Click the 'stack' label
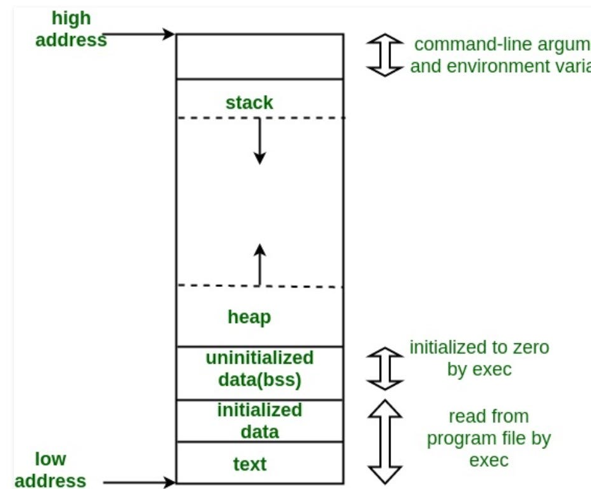pyautogui.click(x=249, y=103)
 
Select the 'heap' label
pyautogui.click(x=249, y=317)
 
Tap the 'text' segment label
pyautogui.click(x=250, y=464)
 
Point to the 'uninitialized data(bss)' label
pyautogui.click(x=259, y=369)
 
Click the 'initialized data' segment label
pyautogui.click(x=259, y=421)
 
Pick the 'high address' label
pyautogui.click(x=71, y=29)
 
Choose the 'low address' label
pyautogui.click(x=51, y=469)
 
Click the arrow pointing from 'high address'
pyautogui.click(x=139, y=34)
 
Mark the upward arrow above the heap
pyautogui.click(x=259, y=264)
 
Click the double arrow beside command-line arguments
pyautogui.click(x=385, y=56)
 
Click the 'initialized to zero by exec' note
pyautogui.click(x=479, y=358)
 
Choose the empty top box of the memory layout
pyautogui.click(x=259, y=56)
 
